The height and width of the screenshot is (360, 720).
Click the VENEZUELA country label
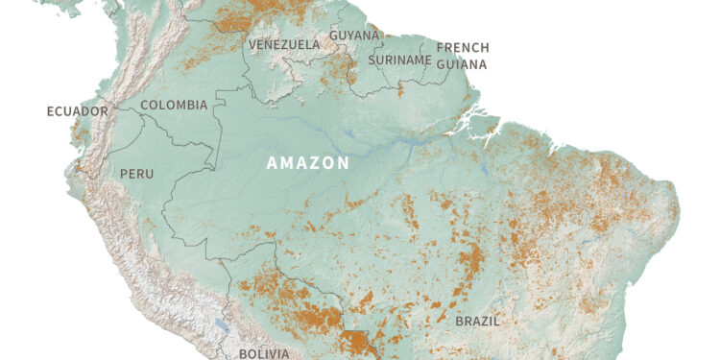[x=284, y=45]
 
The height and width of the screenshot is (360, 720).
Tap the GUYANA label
[x=352, y=36]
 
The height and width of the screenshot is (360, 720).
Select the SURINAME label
[x=399, y=60]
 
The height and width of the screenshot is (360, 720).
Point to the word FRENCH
[x=463, y=48]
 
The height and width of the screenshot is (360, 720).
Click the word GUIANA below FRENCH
[x=462, y=64]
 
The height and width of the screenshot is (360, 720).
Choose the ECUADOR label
[x=78, y=111]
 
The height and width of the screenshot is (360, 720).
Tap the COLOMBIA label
[x=174, y=105]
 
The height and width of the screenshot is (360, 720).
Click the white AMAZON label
[x=307, y=163]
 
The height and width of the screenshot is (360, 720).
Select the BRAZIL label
[x=477, y=322]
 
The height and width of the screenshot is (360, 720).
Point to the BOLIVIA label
[x=263, y=353]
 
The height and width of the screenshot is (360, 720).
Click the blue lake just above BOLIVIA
[x=222, y=325]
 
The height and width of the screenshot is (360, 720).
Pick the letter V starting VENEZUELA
[x=252, y=45]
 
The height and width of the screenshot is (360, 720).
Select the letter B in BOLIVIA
[x=242, y=353]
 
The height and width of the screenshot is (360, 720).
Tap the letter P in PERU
[x=122, y=174]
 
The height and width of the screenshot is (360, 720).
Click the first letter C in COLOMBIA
[x=145, y=105]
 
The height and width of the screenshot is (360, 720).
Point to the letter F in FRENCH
[x=440, y=48]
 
